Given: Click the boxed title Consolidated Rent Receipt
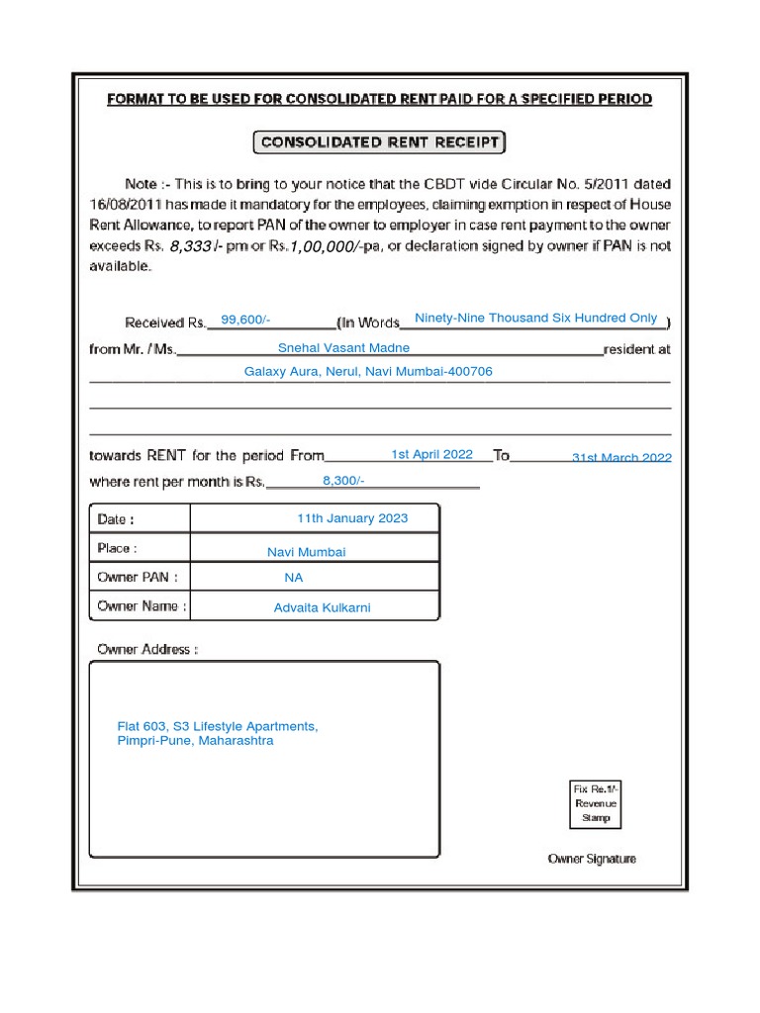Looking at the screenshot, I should click(379, 142).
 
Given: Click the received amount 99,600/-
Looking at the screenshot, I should click(245, 320).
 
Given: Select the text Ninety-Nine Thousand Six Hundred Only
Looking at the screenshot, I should click(535, 318).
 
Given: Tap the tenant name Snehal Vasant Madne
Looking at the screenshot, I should click(343, 348).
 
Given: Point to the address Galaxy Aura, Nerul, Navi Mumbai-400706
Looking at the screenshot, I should click(368, 372).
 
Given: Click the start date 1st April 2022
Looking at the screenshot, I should click(431, 454).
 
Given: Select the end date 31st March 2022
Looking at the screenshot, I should click(621, 457).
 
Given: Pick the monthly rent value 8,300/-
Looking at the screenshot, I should click(343, 480).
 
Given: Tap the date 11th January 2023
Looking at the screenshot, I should click(352, 518).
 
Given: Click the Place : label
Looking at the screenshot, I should click(118, 548).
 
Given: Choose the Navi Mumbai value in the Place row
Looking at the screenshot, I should click(307, 552).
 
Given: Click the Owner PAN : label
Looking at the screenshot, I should click(138, 577).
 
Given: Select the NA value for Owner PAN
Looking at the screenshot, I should click(294, 578).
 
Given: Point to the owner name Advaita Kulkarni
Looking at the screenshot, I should click(322, 607).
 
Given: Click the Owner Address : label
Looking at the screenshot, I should click(147, 649).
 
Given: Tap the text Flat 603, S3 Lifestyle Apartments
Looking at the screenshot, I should click(218, 726).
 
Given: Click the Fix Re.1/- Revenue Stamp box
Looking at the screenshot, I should click(596, 803).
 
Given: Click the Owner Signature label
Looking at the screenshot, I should click(592, 859).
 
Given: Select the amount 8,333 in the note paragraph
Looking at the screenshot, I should click(191, 246).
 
